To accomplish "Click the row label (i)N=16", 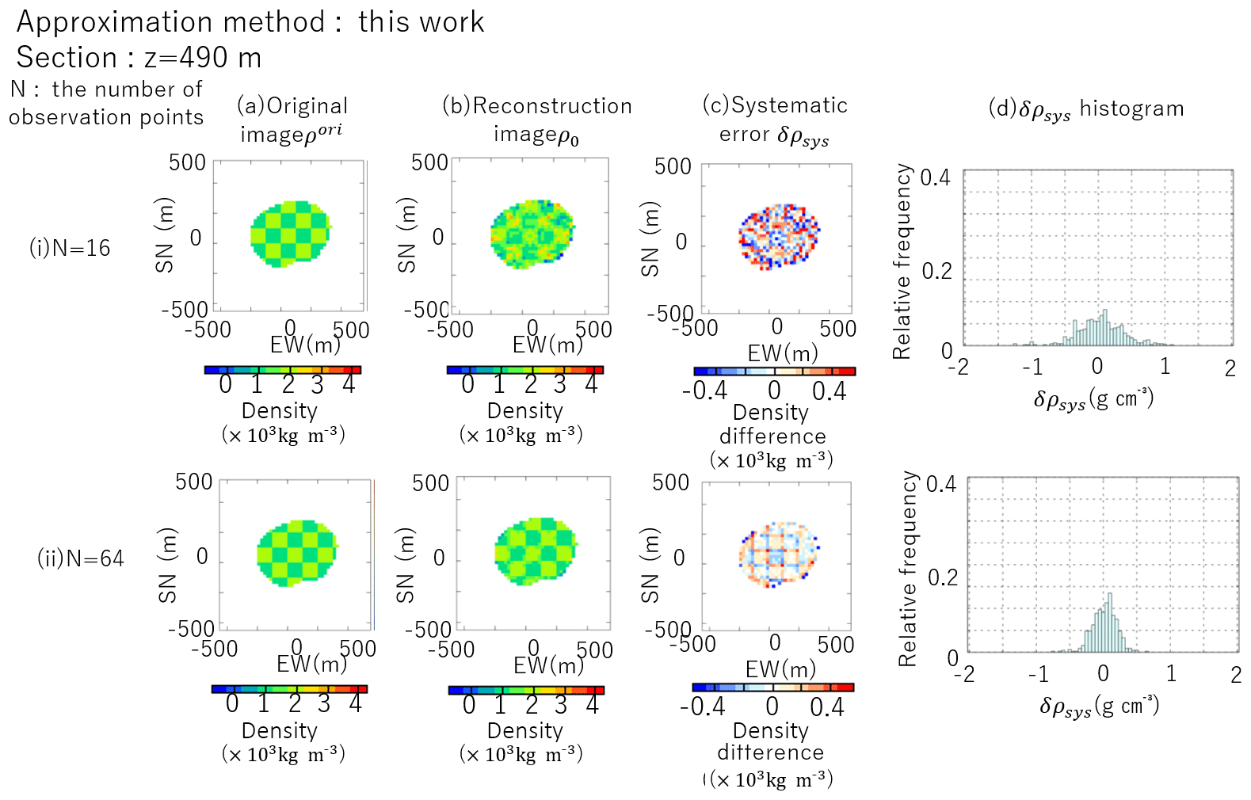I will point(70,248).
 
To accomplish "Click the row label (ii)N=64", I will point(81,558).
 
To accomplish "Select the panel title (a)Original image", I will point(292,120).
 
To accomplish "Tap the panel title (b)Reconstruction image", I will point(537,120).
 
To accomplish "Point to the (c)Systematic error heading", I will point(775,120).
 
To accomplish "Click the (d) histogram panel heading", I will point(1086,109).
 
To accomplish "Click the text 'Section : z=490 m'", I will point(139,58).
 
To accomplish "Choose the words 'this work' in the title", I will point(421,22).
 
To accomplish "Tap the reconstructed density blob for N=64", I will point(536,551).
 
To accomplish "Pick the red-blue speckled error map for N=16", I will point(778,235).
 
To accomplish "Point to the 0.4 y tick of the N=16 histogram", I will point(936,177).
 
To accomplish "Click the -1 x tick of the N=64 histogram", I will point(1038,674).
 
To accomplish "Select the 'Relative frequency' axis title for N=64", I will point(907,569).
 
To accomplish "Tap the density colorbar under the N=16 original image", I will point(283,370).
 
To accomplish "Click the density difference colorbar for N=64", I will point(773,688).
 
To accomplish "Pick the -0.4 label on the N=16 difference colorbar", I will point(704,391).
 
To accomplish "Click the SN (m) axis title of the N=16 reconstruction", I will point(406,235).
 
